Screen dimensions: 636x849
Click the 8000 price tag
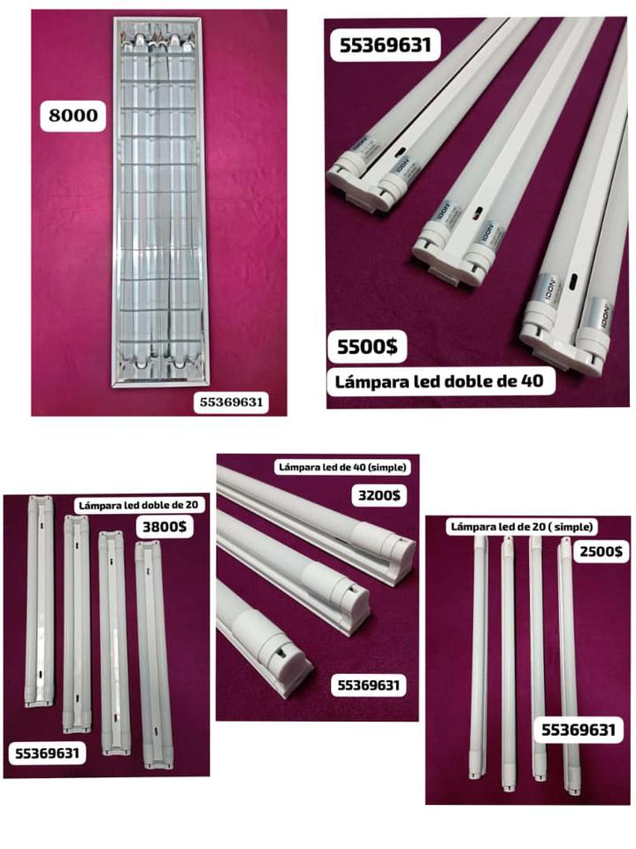point(73,115)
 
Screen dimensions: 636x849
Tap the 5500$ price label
point(367,346)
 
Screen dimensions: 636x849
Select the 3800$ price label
point(165,526)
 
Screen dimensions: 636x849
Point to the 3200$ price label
point(379,495)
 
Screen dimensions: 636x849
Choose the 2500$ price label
point(601,551)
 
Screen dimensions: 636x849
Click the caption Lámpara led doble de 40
point(439,381)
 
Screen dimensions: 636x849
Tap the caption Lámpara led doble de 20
point(139,506)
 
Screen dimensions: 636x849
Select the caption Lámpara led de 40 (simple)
point(342,467)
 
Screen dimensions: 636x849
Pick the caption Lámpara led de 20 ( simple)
point(522,526)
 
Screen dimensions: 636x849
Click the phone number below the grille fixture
point(231,402)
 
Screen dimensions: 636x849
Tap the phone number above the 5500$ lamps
point(385,45)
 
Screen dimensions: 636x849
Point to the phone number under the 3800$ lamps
point(47,753)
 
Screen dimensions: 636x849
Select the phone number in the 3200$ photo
point(368,685)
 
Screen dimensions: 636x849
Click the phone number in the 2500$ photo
point(579,730)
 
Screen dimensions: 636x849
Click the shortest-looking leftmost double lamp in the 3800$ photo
point(40,601)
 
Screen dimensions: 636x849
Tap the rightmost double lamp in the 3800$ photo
point(155,655)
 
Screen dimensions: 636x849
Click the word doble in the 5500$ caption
point(457,381)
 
